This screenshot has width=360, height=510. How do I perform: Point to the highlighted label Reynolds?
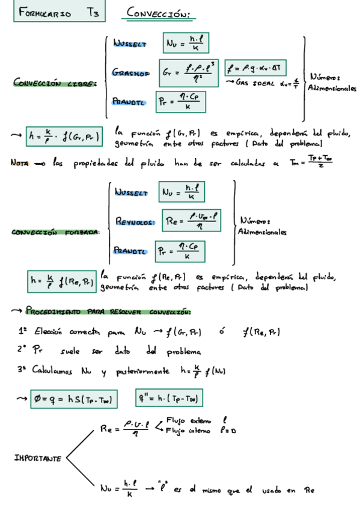click(x=134, y=221)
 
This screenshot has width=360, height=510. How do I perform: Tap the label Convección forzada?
click(x=55, y=232)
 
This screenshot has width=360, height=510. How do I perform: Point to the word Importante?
click(x=37, y=458)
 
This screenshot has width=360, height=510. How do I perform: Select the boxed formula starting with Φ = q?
click(x=75, y=399)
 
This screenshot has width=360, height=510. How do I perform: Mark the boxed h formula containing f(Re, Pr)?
click(x=62, y=280)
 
